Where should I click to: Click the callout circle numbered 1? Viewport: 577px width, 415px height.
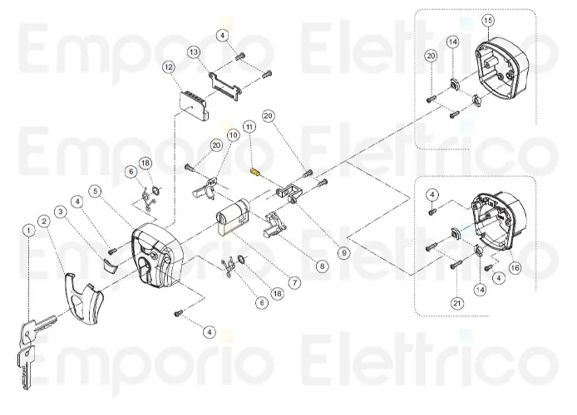pos(28,230)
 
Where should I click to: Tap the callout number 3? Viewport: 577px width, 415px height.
pos(61,212)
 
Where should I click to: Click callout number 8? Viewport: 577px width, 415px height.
pos(323,266)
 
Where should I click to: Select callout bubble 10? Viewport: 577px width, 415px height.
pos(232,134)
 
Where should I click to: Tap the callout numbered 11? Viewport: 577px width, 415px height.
pos(249,126)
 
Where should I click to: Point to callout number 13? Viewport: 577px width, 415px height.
pos(194,51)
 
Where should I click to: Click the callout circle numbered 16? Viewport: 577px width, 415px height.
pos(515,268)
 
